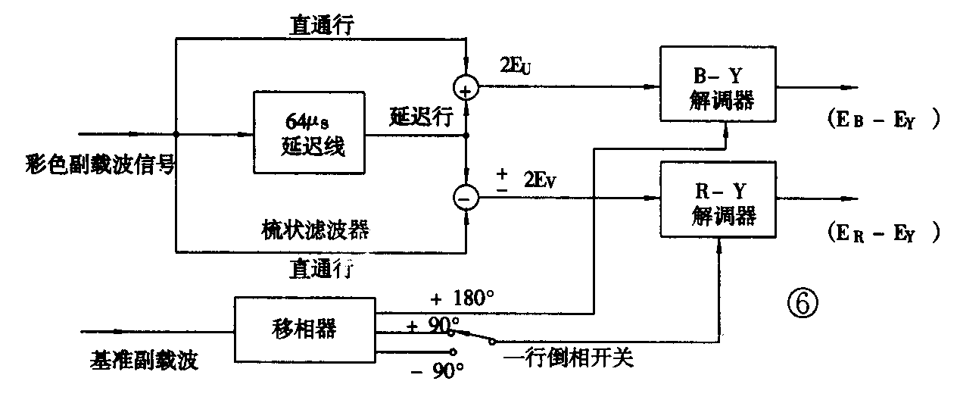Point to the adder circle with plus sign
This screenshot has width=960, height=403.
(466, 89)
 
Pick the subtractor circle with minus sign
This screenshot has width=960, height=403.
(466, 198)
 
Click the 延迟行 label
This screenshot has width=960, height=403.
(422, 117)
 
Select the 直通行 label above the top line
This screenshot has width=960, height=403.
(322, 24)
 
